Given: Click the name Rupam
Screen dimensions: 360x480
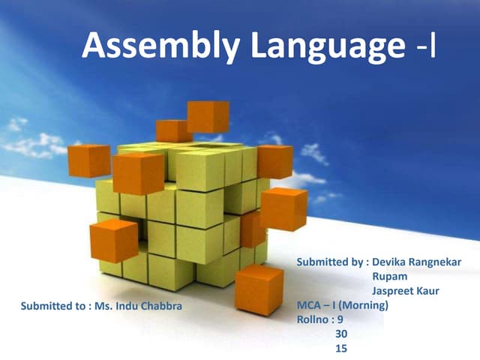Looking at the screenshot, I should (x=388, y=277).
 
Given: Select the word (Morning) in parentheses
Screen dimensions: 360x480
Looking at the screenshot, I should (x=363, y=305).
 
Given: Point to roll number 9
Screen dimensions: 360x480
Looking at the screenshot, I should (x=340, y=319).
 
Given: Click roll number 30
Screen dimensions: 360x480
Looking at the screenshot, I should (x=341, y=334).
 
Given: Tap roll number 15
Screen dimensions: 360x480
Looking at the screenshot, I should (x=341, y=348).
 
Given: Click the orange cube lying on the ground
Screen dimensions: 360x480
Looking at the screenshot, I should (x=259, y=289).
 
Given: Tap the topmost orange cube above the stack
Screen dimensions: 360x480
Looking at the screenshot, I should (x=208, y=116).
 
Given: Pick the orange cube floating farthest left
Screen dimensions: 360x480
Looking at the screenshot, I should (x=88, y=160).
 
